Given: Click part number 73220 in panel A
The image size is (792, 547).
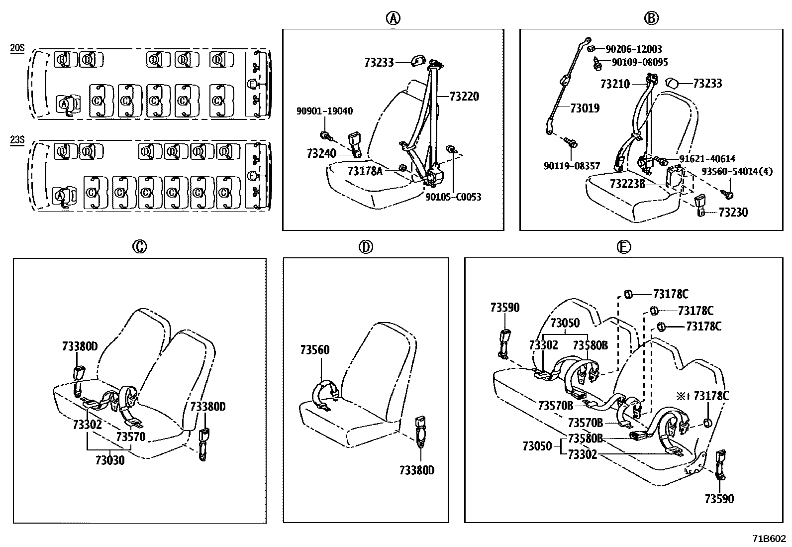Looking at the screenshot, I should tap(464, 97).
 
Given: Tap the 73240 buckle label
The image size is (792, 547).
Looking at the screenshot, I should tap(321, 153).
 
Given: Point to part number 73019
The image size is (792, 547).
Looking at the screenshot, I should tap(585, 108).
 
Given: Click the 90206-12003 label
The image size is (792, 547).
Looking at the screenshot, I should tap(633, 49).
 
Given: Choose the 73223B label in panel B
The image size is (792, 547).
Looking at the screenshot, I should tap(627, 184).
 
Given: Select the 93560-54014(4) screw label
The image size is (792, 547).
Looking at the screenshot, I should tap(737, 171).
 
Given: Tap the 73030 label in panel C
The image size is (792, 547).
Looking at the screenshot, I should tap(110, 460).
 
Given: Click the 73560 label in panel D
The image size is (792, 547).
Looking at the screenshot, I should tap(314, 350).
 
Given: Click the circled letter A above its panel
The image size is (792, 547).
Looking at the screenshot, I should tap(393, 18).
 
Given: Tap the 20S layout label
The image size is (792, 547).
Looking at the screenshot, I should tap(17, 48).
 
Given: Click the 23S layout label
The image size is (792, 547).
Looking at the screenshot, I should tap(17, 140).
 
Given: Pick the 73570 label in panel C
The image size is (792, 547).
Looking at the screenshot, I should tap(131, 437).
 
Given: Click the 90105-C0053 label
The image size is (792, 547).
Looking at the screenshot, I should tap(453, 197).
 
